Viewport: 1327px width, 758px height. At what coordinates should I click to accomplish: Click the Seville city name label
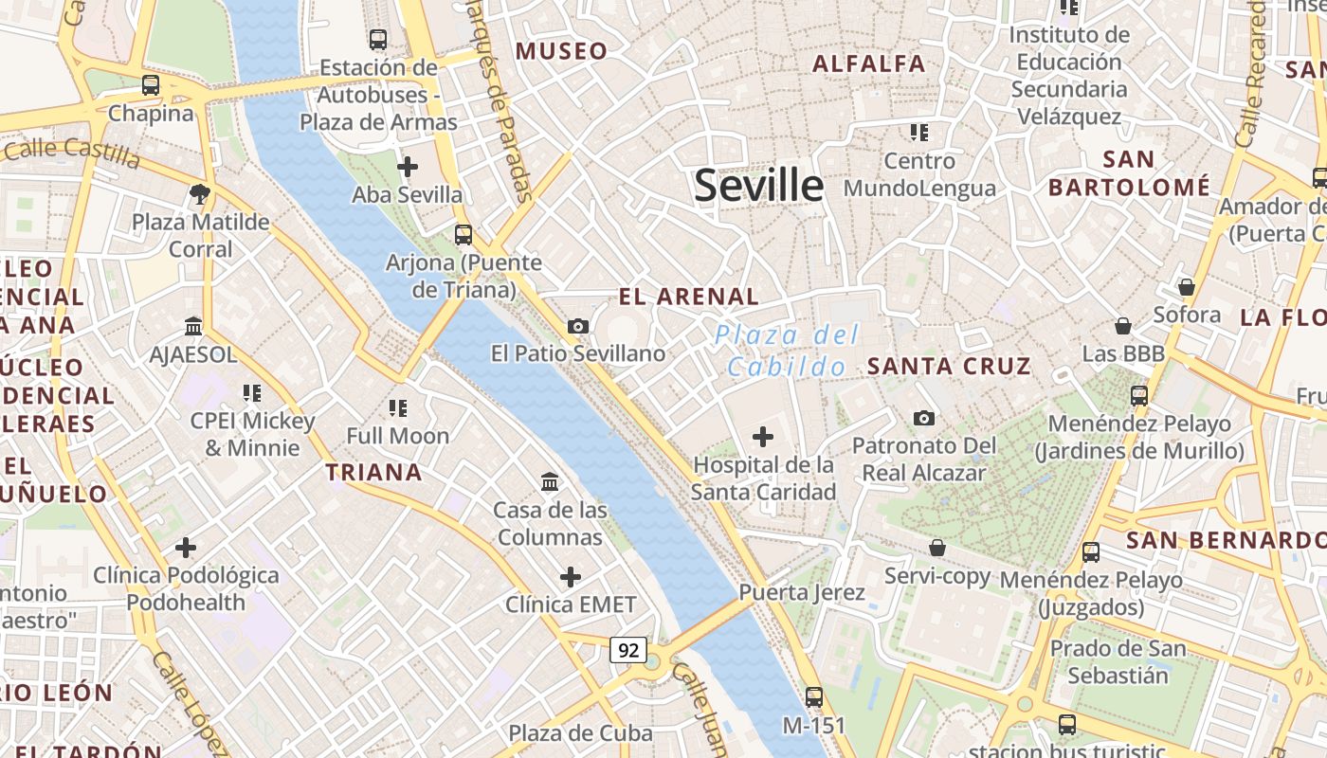coord(758,186)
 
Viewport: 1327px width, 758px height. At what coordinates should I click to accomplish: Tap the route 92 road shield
coord(628,650)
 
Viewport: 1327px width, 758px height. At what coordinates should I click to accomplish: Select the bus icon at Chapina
coord(151,85)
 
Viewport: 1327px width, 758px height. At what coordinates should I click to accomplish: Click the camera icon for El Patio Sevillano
coord(577,326)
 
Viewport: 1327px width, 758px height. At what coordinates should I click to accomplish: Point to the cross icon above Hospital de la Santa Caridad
coord(762,437)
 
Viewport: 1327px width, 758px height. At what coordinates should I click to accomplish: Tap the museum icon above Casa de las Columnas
coord(550,481)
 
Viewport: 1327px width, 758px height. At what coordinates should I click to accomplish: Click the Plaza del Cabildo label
coord(787,351)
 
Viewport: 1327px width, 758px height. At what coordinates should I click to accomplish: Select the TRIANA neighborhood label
coord(373,472)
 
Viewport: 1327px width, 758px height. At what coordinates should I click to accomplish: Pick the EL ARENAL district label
coord(688,297)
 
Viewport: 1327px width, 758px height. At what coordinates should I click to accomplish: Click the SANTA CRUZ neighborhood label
coord(949,366)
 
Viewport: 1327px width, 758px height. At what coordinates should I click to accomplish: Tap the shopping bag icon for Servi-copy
coord(937,548)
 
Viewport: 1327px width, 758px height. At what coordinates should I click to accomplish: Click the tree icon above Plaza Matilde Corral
coord(200,194)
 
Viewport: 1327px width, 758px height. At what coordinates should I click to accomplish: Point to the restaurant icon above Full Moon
coord(397,408)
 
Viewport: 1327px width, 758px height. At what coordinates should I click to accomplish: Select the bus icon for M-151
coord(813,697)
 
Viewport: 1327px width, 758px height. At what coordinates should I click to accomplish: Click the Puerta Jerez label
coord(802,593)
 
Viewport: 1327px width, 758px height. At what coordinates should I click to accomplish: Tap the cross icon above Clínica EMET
coord(571,576)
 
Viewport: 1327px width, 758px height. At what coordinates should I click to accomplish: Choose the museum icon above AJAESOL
coord(193,326)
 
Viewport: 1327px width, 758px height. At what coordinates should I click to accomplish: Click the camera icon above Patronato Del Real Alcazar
coord(923,418)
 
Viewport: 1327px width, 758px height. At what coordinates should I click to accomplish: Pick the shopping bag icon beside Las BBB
coord(1123,326)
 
